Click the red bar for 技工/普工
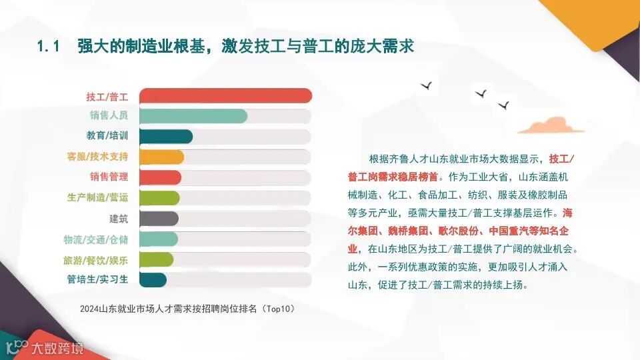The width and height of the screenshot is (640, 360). click(226, 95)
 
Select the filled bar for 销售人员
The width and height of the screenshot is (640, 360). click(194, 116)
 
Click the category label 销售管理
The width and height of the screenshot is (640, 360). click(109, 177)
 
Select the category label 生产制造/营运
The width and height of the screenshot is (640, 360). click(97, 197)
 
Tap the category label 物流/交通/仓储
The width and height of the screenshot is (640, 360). click(95, 239)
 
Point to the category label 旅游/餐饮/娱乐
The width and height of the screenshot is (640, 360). click(95, 259)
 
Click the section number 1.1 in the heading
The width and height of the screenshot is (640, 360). click(49, 47)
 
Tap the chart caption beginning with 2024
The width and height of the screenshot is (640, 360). click(187, 309)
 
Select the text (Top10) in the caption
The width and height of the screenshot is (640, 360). click(278, 309)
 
